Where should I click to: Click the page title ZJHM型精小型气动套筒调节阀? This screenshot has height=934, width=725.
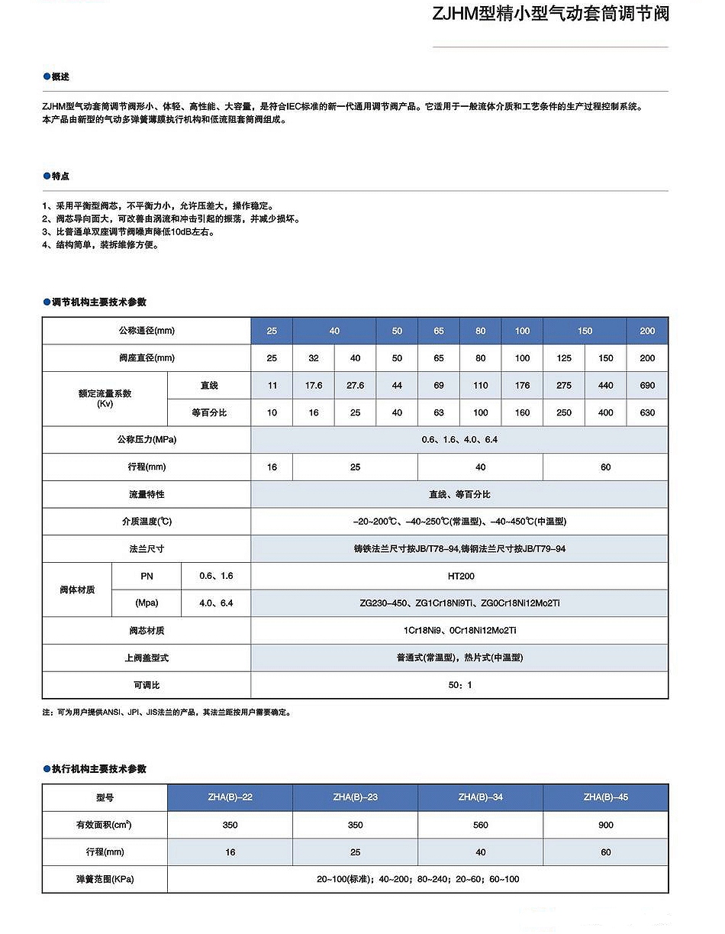[550, 14]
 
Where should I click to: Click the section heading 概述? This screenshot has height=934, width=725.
[60, 77]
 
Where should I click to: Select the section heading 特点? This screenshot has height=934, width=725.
[60, 176]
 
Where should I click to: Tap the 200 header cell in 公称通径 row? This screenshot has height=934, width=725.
[647, 331]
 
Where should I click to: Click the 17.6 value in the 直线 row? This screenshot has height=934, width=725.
[314, 386]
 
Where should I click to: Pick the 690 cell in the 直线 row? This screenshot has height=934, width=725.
[647, 386]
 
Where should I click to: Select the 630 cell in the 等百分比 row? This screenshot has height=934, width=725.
[647, 413]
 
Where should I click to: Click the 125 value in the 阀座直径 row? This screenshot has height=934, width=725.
[564, 358]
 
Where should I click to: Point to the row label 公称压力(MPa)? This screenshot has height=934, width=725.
[147, 440]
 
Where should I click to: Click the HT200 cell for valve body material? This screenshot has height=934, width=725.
[459, 577]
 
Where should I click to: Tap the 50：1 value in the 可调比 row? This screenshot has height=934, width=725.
[459, 685]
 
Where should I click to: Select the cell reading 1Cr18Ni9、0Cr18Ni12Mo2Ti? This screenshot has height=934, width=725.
[459, 631]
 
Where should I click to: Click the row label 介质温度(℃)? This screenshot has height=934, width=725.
[147, 522]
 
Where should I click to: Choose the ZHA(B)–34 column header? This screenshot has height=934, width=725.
[480, 797]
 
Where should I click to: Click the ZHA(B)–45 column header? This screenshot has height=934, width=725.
[605, 797]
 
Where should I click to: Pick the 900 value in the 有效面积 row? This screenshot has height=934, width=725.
[605, 825]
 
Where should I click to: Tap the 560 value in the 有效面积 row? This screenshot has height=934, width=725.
[480, 825]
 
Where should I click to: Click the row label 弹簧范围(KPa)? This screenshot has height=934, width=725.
[105, 879]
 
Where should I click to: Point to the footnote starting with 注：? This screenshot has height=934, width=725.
[166, 713]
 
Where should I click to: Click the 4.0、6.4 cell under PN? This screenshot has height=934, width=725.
[216, 603]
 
